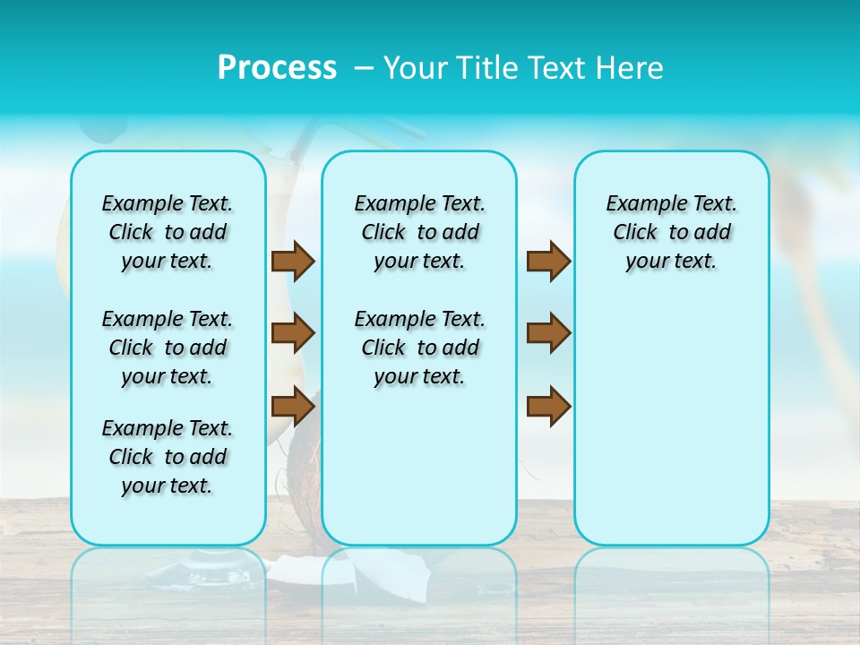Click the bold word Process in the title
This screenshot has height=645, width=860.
pyautogui.click(x=277, y=68)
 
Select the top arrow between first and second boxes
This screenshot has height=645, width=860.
pyautogui.click(x=293, y=262)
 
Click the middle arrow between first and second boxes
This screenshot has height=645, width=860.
pyautogui.click(x=293, y=333)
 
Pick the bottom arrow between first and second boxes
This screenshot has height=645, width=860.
pyautogui.click(x=293, y=406)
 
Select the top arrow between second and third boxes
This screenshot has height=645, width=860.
pyautogui.click(x=548, y=262)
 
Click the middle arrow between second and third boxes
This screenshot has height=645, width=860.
pyautogui.click(x=548, y=333)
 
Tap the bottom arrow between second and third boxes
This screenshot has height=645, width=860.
pyautogui.click(x=548, y=406)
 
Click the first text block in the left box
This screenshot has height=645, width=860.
pyautogui.click(x=168, y=232)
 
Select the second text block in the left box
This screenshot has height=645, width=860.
pyautogui.click(x=168, y=348)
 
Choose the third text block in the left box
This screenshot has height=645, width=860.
pyautogui.click(x=168, y=457)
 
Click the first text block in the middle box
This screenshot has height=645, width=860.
pyautogui.click(x=420, y=232)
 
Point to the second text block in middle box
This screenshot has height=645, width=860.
pyautogui.click(x=420, y=348)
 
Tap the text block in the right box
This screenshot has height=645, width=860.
pyautogui.click(x=672, y=232)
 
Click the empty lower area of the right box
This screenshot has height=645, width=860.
pyautogui.click(x=672, y=430)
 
